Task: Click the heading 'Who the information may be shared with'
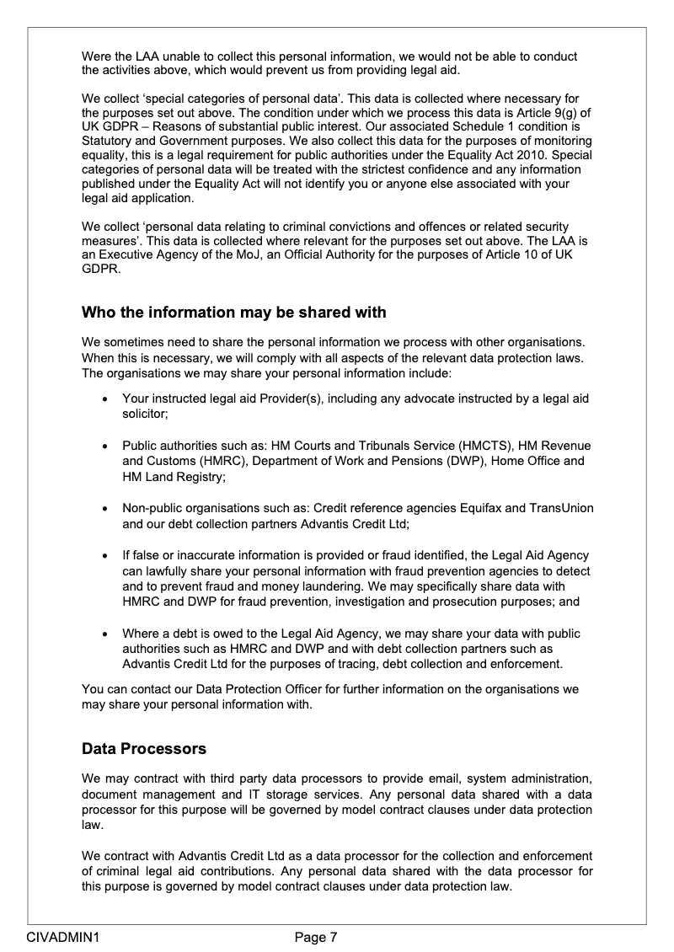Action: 233,313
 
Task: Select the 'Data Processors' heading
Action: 143,748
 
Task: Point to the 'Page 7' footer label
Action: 316,936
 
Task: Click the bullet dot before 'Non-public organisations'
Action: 104,509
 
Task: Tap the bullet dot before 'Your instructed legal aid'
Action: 104,398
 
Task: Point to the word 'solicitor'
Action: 144,414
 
